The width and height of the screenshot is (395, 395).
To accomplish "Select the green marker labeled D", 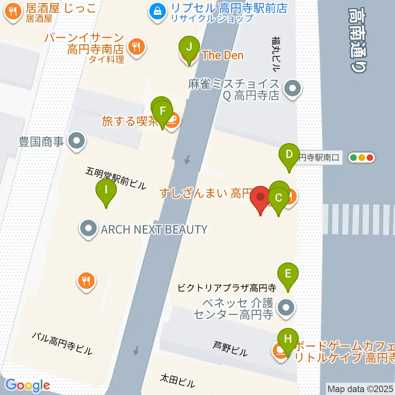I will (289, 155).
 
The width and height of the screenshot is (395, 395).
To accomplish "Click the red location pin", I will (260, 197).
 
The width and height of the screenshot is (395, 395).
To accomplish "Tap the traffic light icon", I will (362, 157).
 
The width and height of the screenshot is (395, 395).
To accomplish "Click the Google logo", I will (28, 385).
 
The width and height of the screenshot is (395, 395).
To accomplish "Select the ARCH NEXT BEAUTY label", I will (153, 229).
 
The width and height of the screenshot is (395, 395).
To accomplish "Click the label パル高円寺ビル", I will (62, 343).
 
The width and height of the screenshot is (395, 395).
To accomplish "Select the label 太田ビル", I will (177, 381).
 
